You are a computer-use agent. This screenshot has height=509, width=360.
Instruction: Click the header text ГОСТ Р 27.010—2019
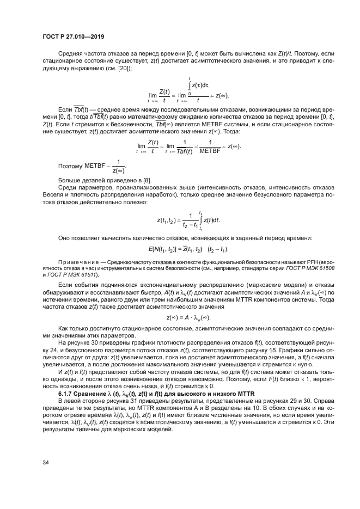(73, 36)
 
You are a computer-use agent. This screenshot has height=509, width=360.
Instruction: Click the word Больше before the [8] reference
(70, 180)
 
